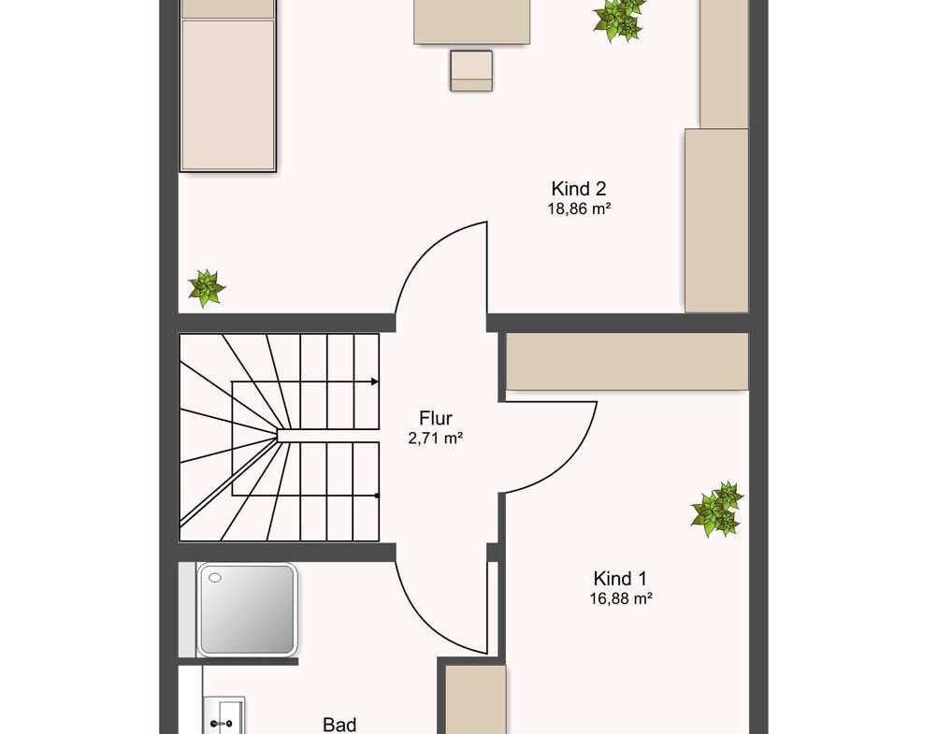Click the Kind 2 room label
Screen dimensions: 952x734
click(x=579, y=188)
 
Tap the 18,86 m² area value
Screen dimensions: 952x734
click(x=579, y=209)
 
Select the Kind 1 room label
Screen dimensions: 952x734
click(x=620, y=578)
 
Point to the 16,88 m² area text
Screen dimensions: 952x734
click(x=621, y=598)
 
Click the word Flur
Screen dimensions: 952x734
click(x=436, y=418)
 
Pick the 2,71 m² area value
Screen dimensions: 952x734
click(x=436, y=439)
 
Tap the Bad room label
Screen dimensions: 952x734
click(x=339, y=725)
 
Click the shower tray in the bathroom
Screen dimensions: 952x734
click(x=247, y=610)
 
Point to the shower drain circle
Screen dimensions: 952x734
click(x=215, y=578)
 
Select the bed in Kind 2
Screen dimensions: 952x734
click(x=228, y=86)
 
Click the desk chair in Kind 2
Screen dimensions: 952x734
click(x=471, y=71)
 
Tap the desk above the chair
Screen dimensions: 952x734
click(x=471, y=22)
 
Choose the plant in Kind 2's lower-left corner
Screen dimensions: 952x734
click(x=207, y=287)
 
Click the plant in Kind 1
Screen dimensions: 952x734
click(x=717, y=509)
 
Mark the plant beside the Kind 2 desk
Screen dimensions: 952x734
click(x=619, y=20)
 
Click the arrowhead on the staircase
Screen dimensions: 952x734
click(x=375, y=381)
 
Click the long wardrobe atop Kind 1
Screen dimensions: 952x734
click(x=627, y=361)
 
